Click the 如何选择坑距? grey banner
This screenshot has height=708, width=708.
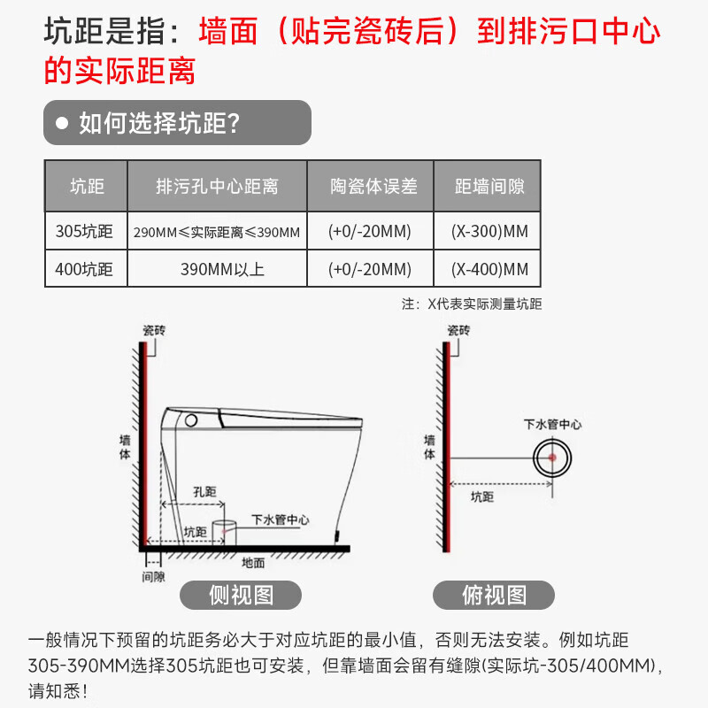pyautogui.click(x=177, y=123)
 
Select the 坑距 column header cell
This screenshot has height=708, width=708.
pyautogui.click(x=87, y=186)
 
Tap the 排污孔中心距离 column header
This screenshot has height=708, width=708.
pyautogui.click(x=217, y=186)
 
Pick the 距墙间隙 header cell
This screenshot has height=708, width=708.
pyautogui.click(x=489, y=186)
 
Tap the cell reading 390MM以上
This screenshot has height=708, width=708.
pyautogui.click(x=217, y=269)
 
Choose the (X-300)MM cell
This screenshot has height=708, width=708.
pyautogui.click(x=489, y=232)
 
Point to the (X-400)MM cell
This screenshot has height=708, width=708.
pyautogui.click(x=489, y=269)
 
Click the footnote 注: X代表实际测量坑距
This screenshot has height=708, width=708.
pyautogui.click(x=472, y=304)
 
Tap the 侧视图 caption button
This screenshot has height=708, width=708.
pyautogui.click(x=241, y=595)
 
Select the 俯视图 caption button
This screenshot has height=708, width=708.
pyautogui.click(x=494, y=595)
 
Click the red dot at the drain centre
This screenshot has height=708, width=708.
pyautogui.click(x=551, y=458)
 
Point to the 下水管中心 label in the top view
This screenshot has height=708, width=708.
pyautogui.click(x=553, y=425)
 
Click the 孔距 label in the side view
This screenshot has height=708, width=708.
pyautogui.click(x=204, y=492)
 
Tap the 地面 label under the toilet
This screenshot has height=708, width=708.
pyautogui.click(x=253, y=562)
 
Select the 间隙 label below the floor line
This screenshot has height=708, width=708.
pyautogui.click(x=153, y=576)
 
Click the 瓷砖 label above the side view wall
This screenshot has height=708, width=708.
pyautogui.click(x=154, y=330)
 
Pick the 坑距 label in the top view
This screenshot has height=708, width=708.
pyautogui.click(x=482, y=497)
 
